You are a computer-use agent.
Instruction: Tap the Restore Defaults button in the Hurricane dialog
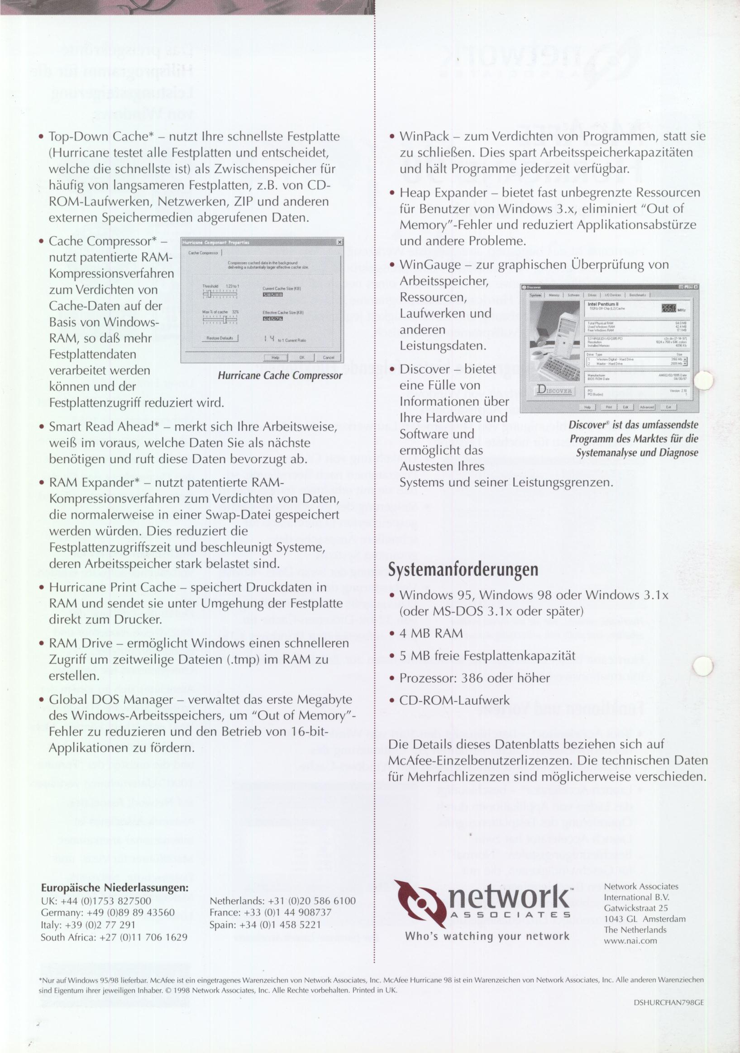[x=220, y=338]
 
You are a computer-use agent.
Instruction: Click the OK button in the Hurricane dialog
[x=302, y=357]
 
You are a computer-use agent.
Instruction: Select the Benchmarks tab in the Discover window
[x=637, y=295]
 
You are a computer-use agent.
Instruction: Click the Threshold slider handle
[x=209, y=294]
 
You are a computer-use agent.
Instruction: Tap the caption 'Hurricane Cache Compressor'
[x=280, y=375]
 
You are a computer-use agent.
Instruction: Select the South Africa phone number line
[x=114, y=937]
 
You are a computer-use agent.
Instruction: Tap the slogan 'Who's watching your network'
[x=487, y=936]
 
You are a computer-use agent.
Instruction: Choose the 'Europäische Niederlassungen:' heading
[x=115, y=887]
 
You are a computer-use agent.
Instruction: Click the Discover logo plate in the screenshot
[x=554, y=391]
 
